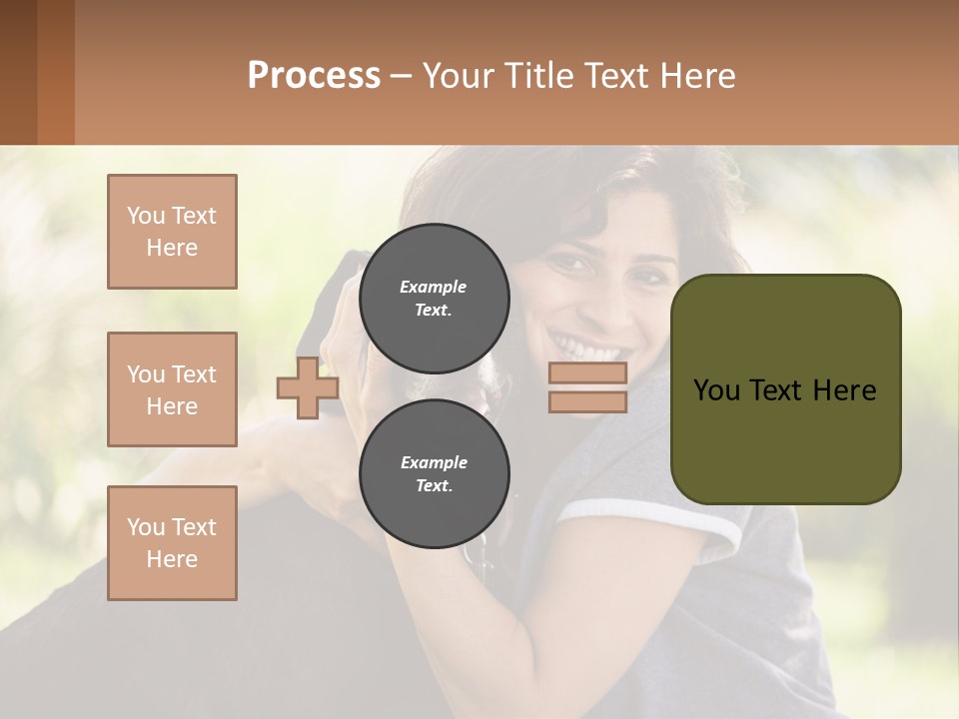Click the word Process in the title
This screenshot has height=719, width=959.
point(314,76)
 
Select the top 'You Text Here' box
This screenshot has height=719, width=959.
point(172,232)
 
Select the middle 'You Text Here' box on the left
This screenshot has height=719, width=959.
point(172,389)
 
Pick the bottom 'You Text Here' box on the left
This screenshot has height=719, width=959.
point(172,542)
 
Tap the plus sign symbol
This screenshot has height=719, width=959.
point(307,388)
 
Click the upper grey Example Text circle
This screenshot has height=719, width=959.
point(434,298)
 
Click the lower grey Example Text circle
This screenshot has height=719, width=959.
point(434,473)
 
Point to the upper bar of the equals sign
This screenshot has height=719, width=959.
point(587,373)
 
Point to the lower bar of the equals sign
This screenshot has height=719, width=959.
point(587,401)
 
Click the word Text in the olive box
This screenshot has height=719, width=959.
point(782,390)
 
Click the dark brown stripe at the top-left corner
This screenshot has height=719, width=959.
point(18,72)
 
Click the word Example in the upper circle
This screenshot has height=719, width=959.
point(433,287)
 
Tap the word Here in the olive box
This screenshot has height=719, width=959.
point(845,390)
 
